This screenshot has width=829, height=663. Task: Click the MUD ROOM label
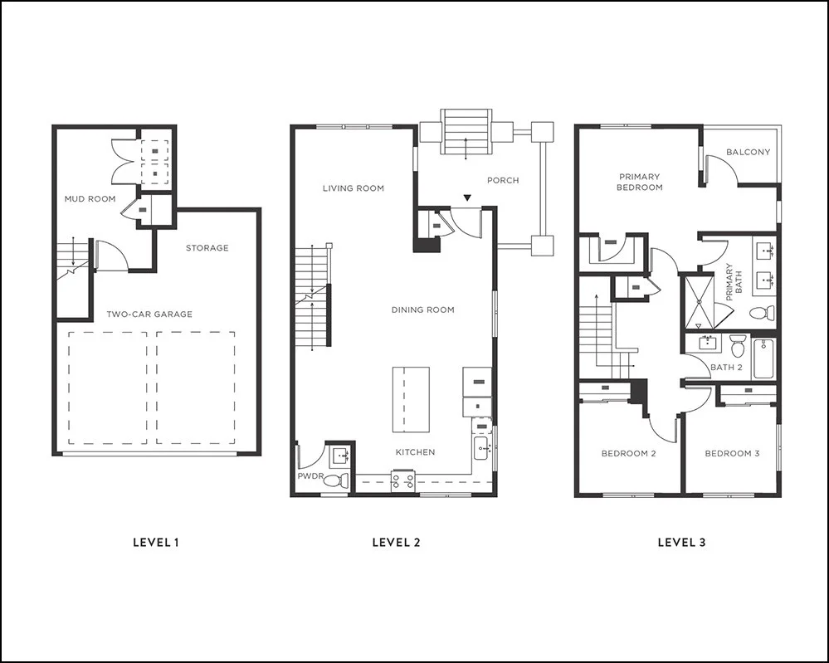[90, 199]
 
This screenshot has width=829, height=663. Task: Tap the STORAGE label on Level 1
[207, 248]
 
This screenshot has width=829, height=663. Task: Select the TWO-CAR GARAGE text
[149, 314]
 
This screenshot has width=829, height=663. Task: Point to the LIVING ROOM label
[354, 188]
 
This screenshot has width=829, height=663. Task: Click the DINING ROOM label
[423, 310]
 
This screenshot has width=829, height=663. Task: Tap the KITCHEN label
[415, 452]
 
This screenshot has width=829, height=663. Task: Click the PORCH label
[503, 180]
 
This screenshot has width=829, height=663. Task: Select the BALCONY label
[748, 153]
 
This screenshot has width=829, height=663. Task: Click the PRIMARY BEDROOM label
[639, 182]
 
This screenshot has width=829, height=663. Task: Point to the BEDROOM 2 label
[629, 454]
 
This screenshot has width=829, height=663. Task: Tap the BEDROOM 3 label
[732, 454]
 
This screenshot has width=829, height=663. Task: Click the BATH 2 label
[726, 367]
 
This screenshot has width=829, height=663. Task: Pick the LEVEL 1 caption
[156, 543]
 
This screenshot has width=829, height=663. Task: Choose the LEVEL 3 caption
[681, 543]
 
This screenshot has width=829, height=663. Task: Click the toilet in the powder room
[334, 480]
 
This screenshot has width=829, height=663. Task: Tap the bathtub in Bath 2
[763, 358]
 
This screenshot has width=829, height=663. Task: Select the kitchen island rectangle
[411, 399]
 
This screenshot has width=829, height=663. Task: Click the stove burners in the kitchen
[403, 479]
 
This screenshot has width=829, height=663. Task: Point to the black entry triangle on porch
[468, 198]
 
